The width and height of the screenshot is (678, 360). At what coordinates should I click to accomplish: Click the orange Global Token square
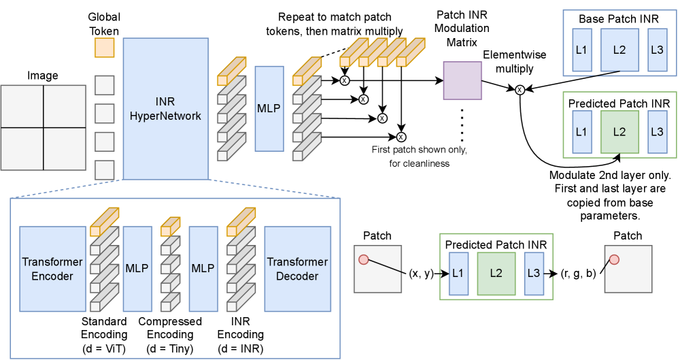point(104,48)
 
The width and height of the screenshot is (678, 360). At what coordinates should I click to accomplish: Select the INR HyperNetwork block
point(165,109)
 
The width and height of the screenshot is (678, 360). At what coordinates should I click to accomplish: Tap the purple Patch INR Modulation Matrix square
point(462,80)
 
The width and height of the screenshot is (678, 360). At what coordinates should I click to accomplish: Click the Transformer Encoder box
point(52,269)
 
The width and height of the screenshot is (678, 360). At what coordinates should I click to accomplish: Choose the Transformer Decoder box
point(297,269)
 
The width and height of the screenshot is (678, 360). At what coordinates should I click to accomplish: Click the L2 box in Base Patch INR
point(619,51)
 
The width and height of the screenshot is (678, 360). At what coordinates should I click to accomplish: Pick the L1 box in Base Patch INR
point(582,51)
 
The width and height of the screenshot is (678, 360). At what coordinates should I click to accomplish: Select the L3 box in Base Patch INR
point(657,51)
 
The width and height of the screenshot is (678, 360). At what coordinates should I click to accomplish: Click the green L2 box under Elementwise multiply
point(619,132)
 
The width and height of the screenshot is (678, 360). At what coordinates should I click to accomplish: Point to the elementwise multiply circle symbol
point(520,89)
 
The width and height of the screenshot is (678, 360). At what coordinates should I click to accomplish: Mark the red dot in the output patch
point(613,259)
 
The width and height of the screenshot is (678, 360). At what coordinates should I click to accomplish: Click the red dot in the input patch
point(363,259)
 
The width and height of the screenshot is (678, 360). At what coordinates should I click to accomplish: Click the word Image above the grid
point(43,76)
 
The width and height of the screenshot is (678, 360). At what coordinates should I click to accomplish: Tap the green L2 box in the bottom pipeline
point(496,274)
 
